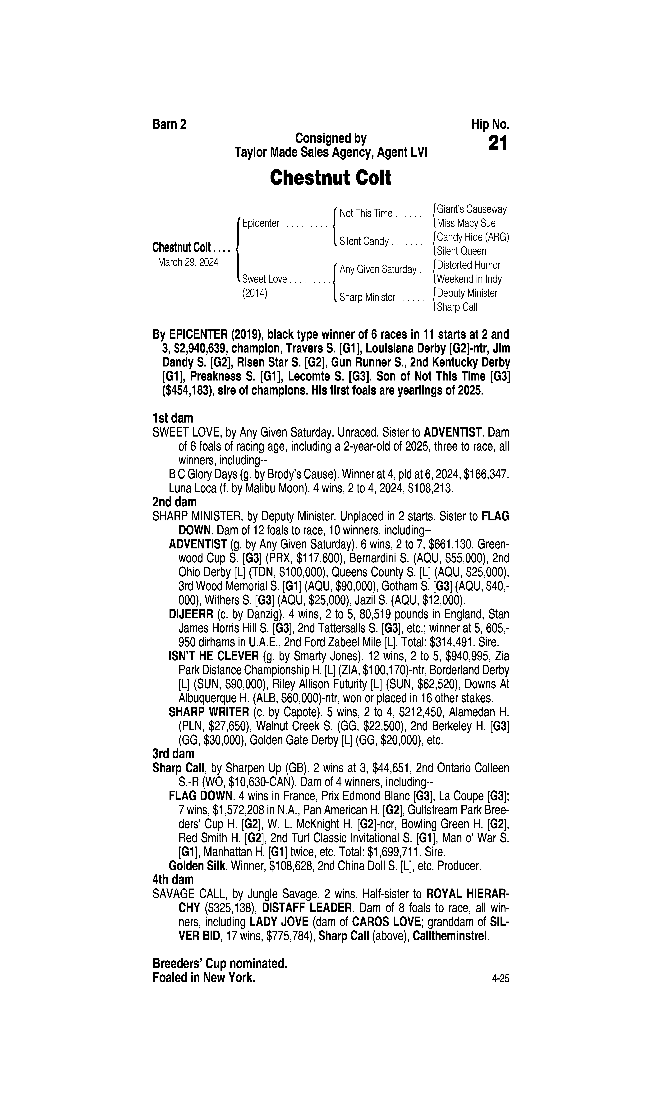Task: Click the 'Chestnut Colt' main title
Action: tap(331, 178)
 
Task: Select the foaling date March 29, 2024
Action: tap(188, 262)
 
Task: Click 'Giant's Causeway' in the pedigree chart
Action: tap(472, 209)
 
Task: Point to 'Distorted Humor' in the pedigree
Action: tap(468, 265)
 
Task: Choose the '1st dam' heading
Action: tap(173, 418)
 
